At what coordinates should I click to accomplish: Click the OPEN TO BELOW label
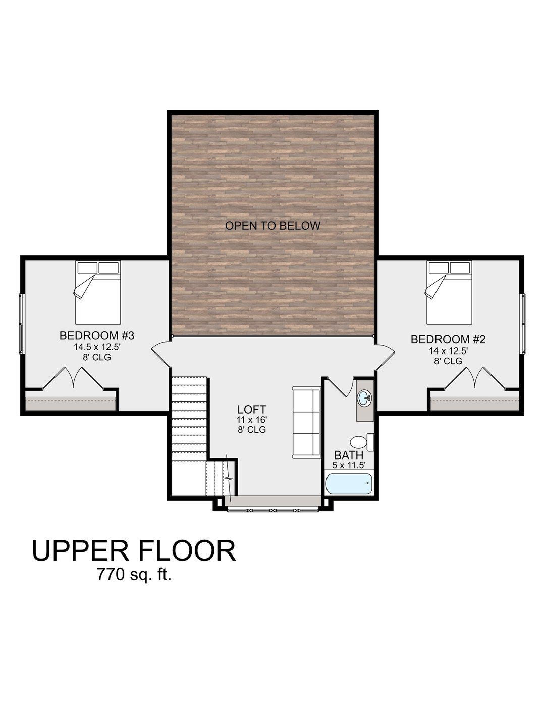(272, 225)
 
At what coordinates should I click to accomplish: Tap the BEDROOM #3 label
(96, 335)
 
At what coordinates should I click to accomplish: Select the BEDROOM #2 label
(448, 339)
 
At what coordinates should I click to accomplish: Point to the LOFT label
(252, 409)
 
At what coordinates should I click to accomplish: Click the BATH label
(349, 455)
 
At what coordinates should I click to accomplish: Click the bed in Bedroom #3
(98, 292)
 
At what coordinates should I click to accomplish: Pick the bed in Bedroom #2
(449, 292)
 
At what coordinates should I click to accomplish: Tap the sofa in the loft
(306, 423)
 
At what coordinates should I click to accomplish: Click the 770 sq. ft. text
(134, 574)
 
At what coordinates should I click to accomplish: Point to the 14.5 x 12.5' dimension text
(96, 347)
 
